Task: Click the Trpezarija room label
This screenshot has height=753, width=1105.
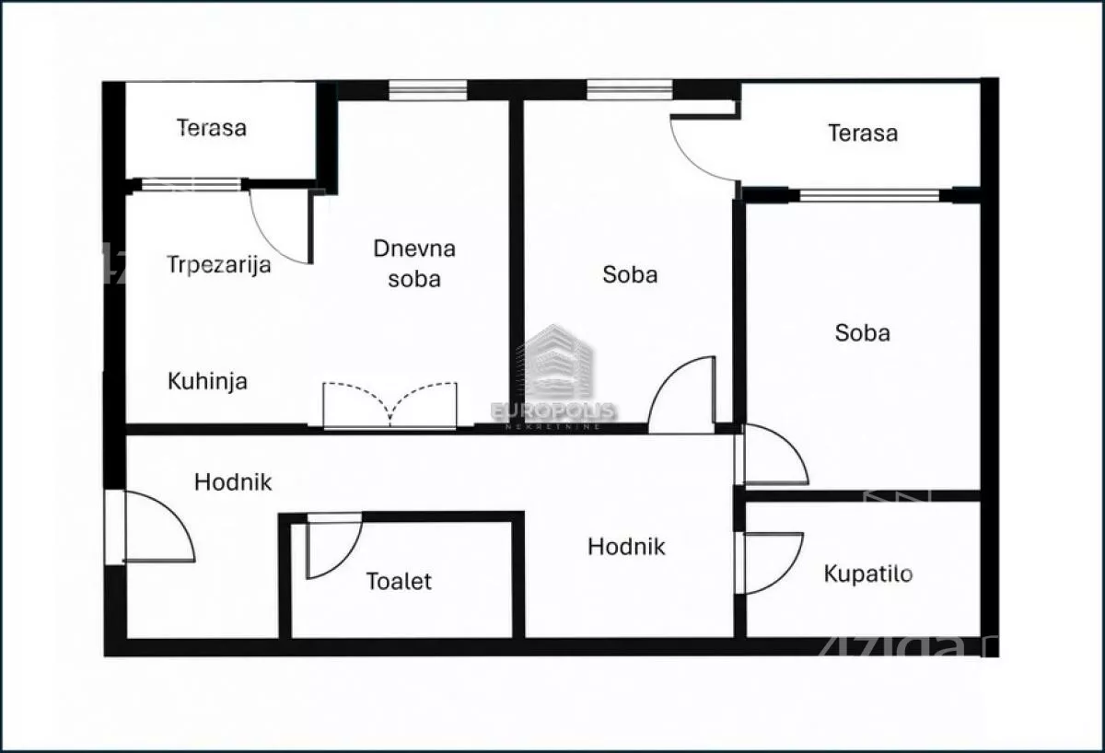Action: [x=219, y=265]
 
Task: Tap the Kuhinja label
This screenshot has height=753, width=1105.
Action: [x=207, y=381]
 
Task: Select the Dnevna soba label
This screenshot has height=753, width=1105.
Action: [x=414, y=263]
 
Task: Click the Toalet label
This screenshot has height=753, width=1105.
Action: [x=399, y=582]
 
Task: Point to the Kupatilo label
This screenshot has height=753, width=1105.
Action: [x=868, y=574]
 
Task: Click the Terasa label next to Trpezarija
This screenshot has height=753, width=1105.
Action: [x=212, y=128]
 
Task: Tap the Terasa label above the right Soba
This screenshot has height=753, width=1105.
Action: [x=863, y=133]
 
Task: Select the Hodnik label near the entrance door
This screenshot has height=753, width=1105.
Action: [x=233, y=482]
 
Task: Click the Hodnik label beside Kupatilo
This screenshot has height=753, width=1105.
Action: [x=626, y=547]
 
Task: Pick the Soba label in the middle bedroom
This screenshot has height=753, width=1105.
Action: [x=630, y=274]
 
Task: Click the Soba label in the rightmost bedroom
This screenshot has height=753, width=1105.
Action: [x=863, y=333]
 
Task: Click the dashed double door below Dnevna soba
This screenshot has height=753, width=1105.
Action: [x=390, y=405]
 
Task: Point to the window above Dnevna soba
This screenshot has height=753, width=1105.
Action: [x=427, y=90]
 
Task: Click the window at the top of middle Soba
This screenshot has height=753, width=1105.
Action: [x=630, y=89]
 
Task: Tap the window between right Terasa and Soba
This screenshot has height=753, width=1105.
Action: [x=869, y=195]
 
